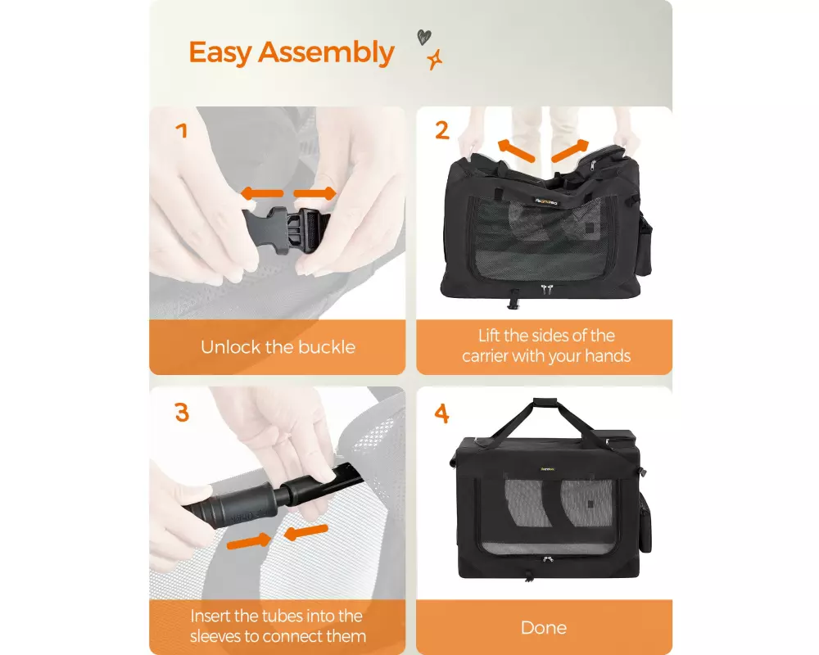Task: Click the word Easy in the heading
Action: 220,52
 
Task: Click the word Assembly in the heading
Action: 326,52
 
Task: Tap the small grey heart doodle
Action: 423,37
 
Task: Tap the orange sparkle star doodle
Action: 435,60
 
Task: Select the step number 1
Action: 181,130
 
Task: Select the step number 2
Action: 442,130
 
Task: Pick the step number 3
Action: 182,413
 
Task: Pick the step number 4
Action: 442,413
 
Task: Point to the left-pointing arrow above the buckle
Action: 262,193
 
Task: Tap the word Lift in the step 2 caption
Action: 489,336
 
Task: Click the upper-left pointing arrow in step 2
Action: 516,150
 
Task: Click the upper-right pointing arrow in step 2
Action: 570,151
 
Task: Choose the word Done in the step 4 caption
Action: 544,627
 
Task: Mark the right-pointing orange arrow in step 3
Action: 250,541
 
